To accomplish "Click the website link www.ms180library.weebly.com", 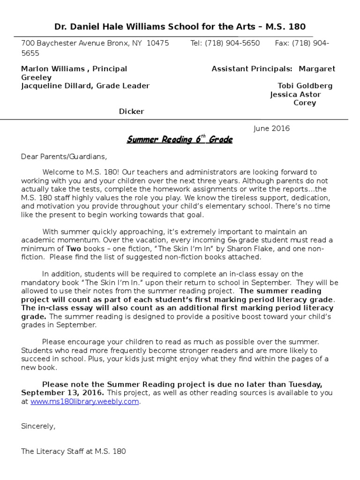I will (x=85, y=402).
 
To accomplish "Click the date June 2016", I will (x=271, y=128).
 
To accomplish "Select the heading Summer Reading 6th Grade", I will (x=180, y=140).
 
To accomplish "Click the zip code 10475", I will (x=158, y=43).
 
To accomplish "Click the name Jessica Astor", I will (x=295, y=94).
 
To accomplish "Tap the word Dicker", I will (x=131, y=111).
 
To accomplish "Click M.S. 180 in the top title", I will (x=285, y=26).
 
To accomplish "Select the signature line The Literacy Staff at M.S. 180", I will (x=74, y=452).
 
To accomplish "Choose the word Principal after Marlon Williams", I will (x=110, y=69).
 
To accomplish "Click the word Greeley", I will (x=37, y=77).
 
